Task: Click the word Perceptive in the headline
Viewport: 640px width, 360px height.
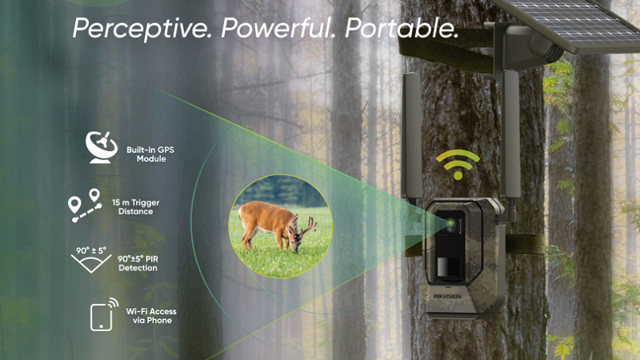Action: coord(142,29)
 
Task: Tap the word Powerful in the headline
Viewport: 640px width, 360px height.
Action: coord(278,28)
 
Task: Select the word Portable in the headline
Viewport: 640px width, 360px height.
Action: coord(402,28)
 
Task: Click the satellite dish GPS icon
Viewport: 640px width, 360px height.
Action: coord(102,147)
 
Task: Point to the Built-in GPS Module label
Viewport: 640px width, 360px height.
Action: coord(150,154)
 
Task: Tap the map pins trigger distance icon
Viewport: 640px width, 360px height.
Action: coord(85,206)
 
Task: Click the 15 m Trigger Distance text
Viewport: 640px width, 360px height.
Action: coord(135,207)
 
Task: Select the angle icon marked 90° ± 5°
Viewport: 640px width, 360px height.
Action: coord(91,259)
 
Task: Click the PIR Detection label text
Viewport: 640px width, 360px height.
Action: coord(138,263)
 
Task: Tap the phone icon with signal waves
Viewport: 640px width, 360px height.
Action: coord(104,314)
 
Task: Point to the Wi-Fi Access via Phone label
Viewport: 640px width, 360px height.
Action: coord(151,315)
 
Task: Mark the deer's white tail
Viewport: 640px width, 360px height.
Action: coord(241,213)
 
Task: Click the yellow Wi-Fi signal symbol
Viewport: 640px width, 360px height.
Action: coord(458,165)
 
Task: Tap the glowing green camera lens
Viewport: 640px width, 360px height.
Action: coord(450,224)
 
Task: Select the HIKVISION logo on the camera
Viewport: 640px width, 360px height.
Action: coord(448,296)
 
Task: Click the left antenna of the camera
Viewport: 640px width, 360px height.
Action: coord(411,137)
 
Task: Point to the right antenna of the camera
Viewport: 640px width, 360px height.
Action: coord(511,134)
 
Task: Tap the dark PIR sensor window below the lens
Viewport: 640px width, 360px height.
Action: coord(450,267)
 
